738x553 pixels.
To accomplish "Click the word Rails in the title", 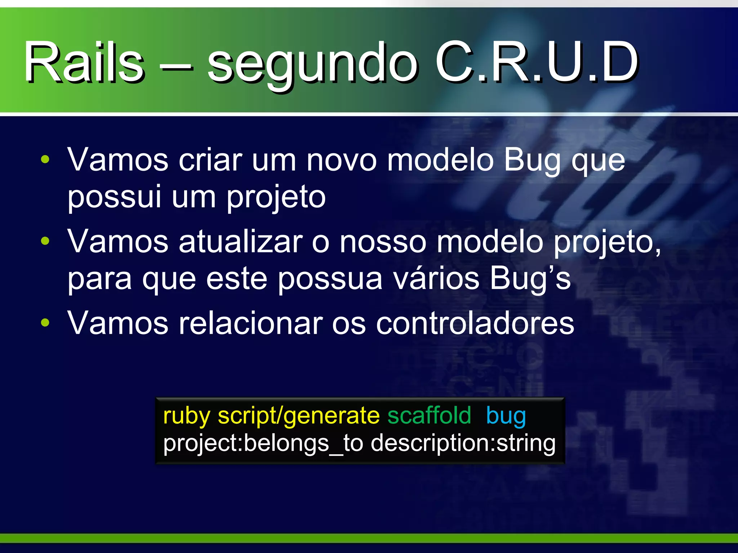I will pos(84,62).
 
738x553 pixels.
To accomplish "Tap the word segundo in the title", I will pos(312,65).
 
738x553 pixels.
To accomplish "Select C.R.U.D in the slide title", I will pos(537,62).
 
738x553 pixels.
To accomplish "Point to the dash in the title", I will pos(176,65).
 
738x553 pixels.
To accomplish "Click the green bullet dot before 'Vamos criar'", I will pos(45,159).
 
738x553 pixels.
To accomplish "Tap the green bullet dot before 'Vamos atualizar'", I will pos(45,241).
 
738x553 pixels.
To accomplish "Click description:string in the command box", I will pos(463,443).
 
